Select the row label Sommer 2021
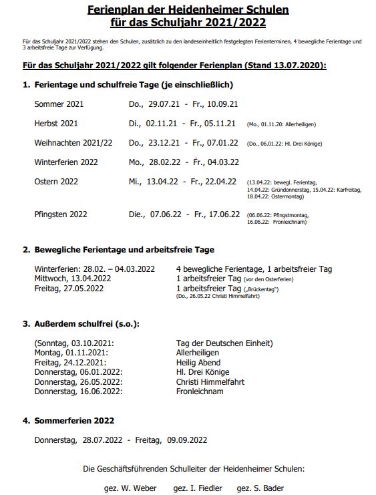click(59, 104)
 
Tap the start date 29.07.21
click(163, 104)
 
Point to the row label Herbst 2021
click(56, 124)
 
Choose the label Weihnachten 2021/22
click(73, 143)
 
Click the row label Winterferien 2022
click(66, 162)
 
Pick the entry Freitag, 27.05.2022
click(69, 288)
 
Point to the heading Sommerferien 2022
click(73, 421)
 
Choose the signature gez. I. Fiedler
click(197, 488)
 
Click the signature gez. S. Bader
click(260, 488)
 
